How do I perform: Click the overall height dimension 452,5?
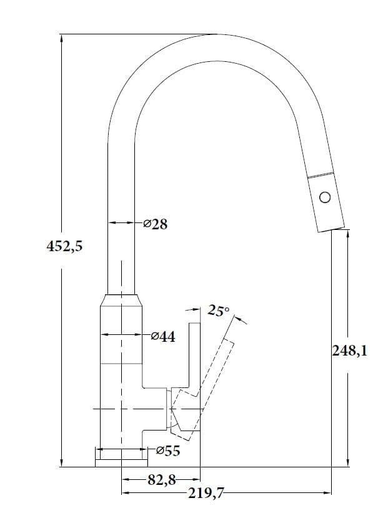64,247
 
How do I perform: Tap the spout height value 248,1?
350,351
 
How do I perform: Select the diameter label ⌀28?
156,224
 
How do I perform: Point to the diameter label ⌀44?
163,337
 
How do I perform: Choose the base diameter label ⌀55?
168,451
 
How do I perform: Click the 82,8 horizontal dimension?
162,480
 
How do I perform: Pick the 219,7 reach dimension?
206,494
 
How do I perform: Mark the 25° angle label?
218,311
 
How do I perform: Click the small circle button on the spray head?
325,197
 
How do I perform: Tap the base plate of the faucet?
121,463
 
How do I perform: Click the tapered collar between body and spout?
121,300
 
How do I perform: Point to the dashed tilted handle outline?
202,389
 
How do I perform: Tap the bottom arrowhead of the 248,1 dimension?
348,462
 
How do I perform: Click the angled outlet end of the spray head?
331,229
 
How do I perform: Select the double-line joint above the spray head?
321,174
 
